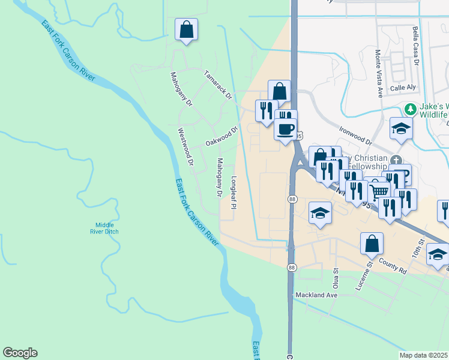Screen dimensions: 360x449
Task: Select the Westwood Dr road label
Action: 186,146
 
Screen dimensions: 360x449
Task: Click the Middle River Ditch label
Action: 103,228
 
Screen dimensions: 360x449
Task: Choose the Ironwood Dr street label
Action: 356,135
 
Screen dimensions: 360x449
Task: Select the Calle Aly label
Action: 403,88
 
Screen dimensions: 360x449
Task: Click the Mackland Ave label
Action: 317,295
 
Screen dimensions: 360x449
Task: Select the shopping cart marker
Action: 379,192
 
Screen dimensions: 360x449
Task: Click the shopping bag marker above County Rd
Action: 372,244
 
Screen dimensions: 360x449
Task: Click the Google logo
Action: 20,353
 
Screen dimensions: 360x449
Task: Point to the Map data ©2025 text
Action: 423,355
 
